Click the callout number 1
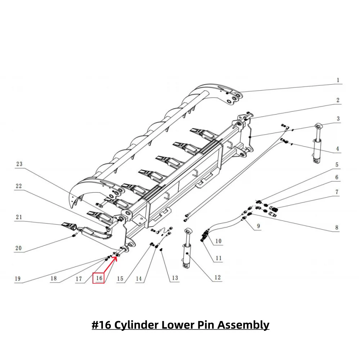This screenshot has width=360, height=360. coord(338,80)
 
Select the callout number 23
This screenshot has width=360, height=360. coord(19,164)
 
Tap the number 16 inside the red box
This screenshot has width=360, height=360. coord(99,278)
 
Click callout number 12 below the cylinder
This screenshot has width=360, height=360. coord(217,278)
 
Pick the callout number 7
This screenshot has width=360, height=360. coord(337,192)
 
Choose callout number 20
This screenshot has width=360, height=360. coord(18,248)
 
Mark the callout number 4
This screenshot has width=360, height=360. coord(338,148)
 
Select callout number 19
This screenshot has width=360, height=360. coord(18,278)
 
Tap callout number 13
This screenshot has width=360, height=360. coord(175,278)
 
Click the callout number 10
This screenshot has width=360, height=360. coord(218,241)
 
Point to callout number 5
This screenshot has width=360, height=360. coord(337,165)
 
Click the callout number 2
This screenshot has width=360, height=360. coord(338,100)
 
